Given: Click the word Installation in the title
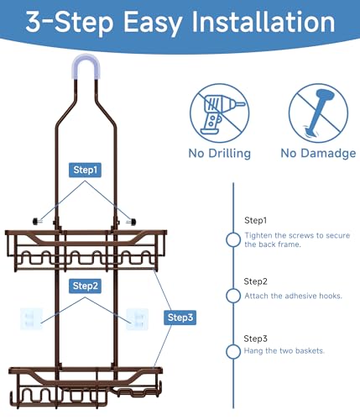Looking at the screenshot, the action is [263, 22].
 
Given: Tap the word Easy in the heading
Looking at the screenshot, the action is [153, 24].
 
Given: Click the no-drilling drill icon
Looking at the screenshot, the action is [219, 113].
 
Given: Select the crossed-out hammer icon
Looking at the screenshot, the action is [318, 113].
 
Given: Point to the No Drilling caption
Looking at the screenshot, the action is [220, 154].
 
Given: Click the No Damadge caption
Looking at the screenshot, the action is [318, 154].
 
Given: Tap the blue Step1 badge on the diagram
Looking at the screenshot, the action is [85, 170].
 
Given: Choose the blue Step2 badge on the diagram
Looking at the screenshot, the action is [85, 286].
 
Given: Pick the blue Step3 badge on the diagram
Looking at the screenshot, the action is [180, 318].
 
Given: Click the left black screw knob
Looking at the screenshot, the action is [37, 222].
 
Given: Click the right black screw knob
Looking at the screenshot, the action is [131, 222].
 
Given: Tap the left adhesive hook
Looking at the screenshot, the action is [31, 319].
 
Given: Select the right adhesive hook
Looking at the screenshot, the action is [138, 319].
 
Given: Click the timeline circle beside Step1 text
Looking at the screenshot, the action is [233, 239].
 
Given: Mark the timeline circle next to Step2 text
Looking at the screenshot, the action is [233, 296].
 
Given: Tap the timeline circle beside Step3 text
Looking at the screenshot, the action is [233, 351].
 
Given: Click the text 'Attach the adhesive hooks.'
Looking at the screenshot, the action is [293, 296].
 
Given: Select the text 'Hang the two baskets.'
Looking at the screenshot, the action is [284, 351].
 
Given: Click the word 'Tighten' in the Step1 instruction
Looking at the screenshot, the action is [258, 236].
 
